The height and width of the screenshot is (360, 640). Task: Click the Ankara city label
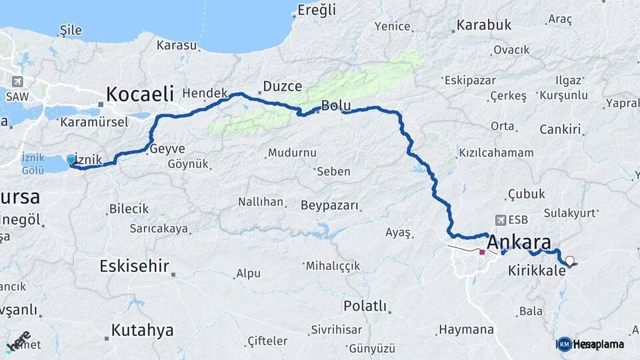coord(519,241)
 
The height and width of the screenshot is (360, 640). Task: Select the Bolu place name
coord(335,105)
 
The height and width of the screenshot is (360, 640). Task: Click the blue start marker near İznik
coord(71,159)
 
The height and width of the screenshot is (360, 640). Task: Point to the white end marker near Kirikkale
coord(569,261)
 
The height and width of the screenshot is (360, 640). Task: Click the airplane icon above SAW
coord(17,82)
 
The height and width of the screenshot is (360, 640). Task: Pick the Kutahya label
coord(142,329)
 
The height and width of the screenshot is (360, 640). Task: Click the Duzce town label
coord(283,86)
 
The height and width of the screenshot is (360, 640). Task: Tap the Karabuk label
coord(484,25)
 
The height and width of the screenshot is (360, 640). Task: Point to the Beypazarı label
coord(329,205)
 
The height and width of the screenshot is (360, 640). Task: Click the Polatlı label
coord(365,306)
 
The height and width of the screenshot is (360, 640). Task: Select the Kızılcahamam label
coord(497,153)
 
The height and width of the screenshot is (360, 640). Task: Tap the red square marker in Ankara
coord(482,253)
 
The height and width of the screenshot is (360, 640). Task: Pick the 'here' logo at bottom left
coord(19,342)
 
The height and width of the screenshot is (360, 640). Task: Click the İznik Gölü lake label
coord(33,164)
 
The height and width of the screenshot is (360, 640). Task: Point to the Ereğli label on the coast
coord(317,10)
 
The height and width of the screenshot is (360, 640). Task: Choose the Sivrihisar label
coord(336,330)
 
